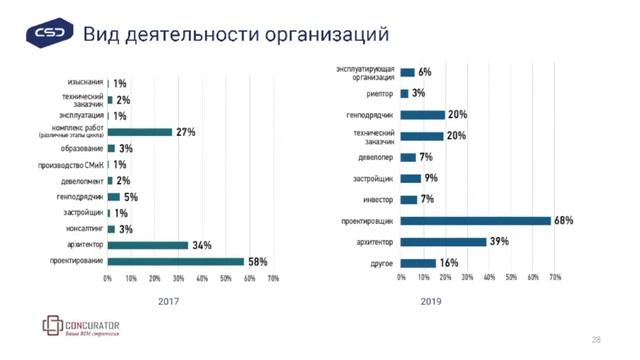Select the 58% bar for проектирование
[x=175, y=261]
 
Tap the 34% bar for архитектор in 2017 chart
[x=147, y=245]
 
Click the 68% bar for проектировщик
[x=475, y=220]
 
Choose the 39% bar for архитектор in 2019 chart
[x=443, y=241]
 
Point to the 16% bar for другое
[x=418, y=262]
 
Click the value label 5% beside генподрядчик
[x=131, y=197]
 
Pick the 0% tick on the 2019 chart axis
[x=401, y=277]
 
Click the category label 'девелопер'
[x=374, y=157]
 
